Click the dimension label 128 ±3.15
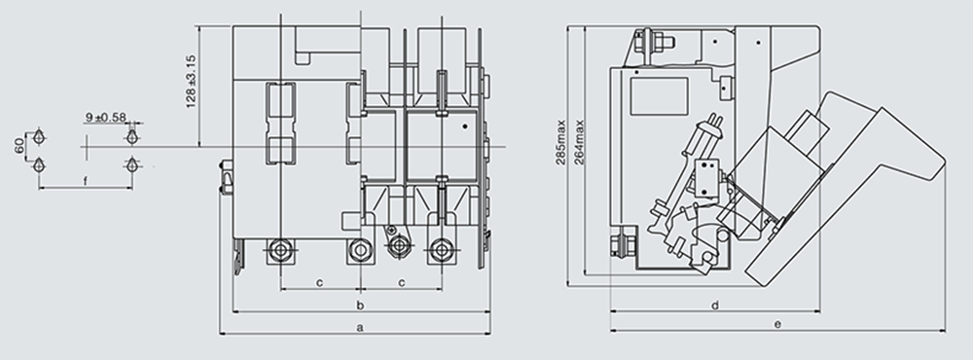191,82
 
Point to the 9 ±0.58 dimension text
105,117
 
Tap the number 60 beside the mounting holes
19,146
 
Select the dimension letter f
86,181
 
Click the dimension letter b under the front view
360,305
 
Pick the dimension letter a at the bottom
360,327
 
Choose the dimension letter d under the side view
715,305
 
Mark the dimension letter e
777,323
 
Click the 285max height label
561,142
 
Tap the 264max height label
579,142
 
